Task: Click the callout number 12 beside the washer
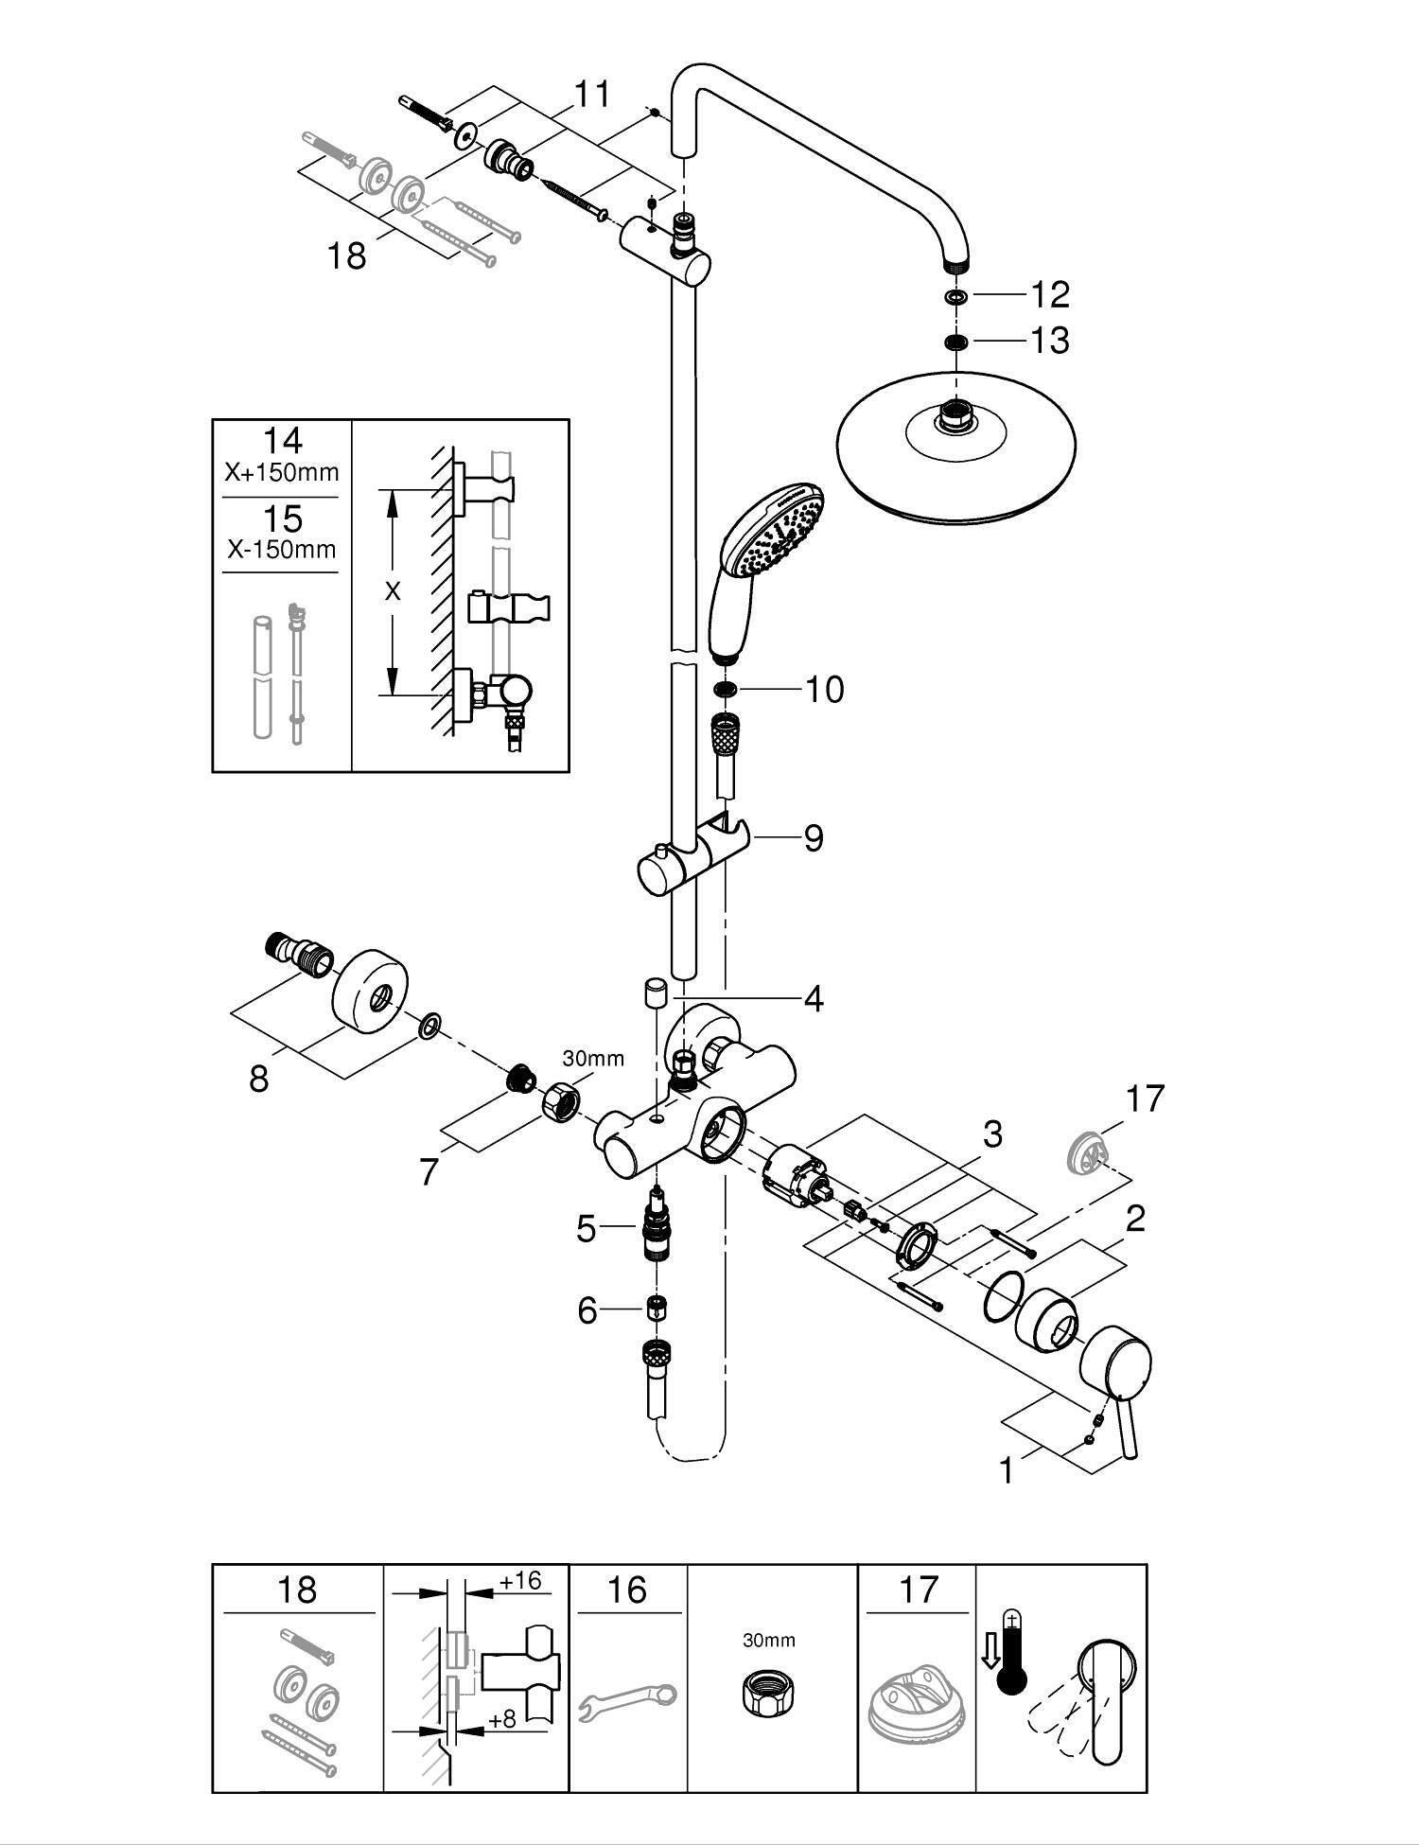[1049, 294]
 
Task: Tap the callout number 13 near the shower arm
[1049, 340]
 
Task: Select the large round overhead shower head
[957, 447]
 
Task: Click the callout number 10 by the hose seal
[824, 689]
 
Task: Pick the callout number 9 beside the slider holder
[814, 837]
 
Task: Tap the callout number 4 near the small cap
[814, 998]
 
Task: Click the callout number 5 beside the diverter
[587, 1229]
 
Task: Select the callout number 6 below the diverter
[587, 1310]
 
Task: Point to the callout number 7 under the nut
[429, 1172]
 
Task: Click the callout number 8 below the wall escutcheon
[259, 1078]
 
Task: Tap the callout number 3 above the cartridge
[992, 1133]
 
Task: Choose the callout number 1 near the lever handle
[1007, 1470]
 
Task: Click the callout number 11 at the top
[593, 95]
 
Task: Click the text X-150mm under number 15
[282, 549]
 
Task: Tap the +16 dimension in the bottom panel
[521, 1581]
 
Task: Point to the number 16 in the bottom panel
[627, 1590]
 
